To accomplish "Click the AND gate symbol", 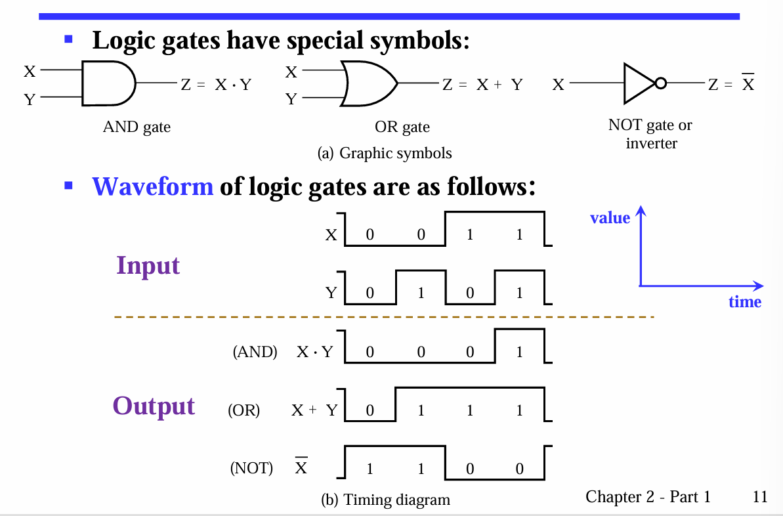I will coord(107,83).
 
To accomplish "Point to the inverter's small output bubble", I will coord(660,83).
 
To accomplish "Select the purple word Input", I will coord(148,265).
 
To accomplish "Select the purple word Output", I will coord(154,405).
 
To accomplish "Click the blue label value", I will coord(610,218).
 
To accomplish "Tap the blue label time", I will coord(745,301).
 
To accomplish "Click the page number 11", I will coord(760,496).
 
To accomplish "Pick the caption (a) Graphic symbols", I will coord(384,153).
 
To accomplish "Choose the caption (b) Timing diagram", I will coord(385,500).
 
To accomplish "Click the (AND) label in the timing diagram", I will coord(255,352).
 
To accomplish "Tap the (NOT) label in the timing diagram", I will coord(251,468).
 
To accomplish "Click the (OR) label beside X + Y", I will coord(243,411).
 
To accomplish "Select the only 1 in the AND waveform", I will coord(519,352).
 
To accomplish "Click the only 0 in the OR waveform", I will coord(370,411).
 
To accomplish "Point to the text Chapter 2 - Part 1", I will coord(648,496).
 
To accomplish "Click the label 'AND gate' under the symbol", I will coord(137,127).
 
